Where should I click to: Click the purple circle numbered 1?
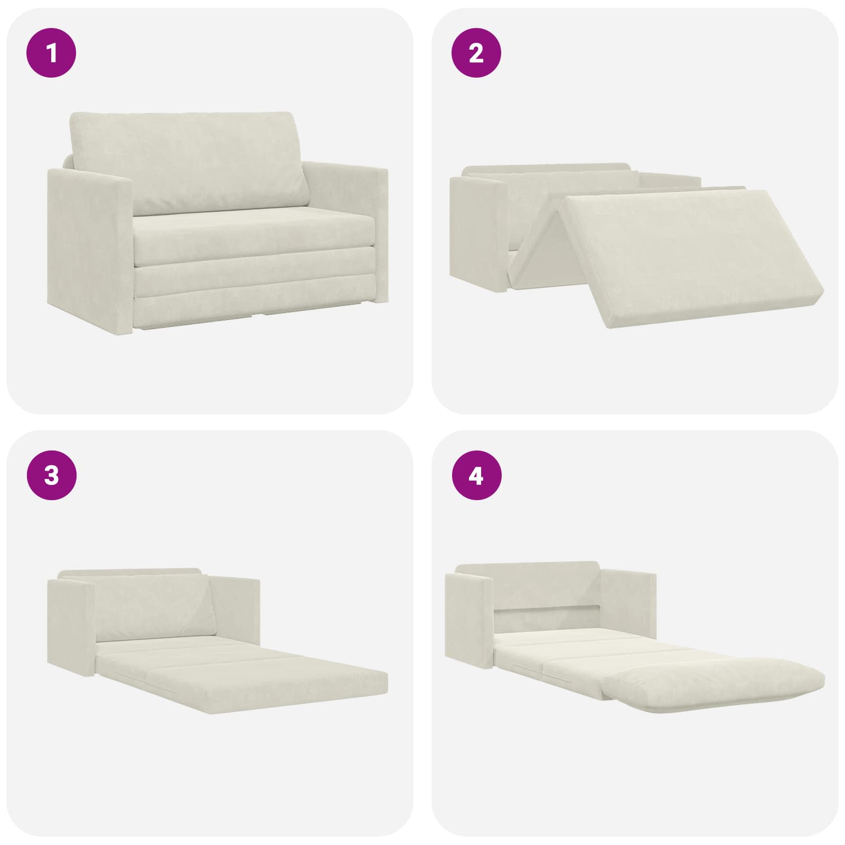pyautogui.click(x=52, y=53)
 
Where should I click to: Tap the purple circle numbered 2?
pyautogui.click(x=476, y=53)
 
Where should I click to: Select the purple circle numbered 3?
pyautogui.click(x=52, y=476)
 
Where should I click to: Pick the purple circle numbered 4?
pyautogui.click(x=476, y=476)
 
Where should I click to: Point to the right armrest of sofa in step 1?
pyautogui.click(x=346, y=232)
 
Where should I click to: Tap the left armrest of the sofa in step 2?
pyautogui.click(x=478, y=232)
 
